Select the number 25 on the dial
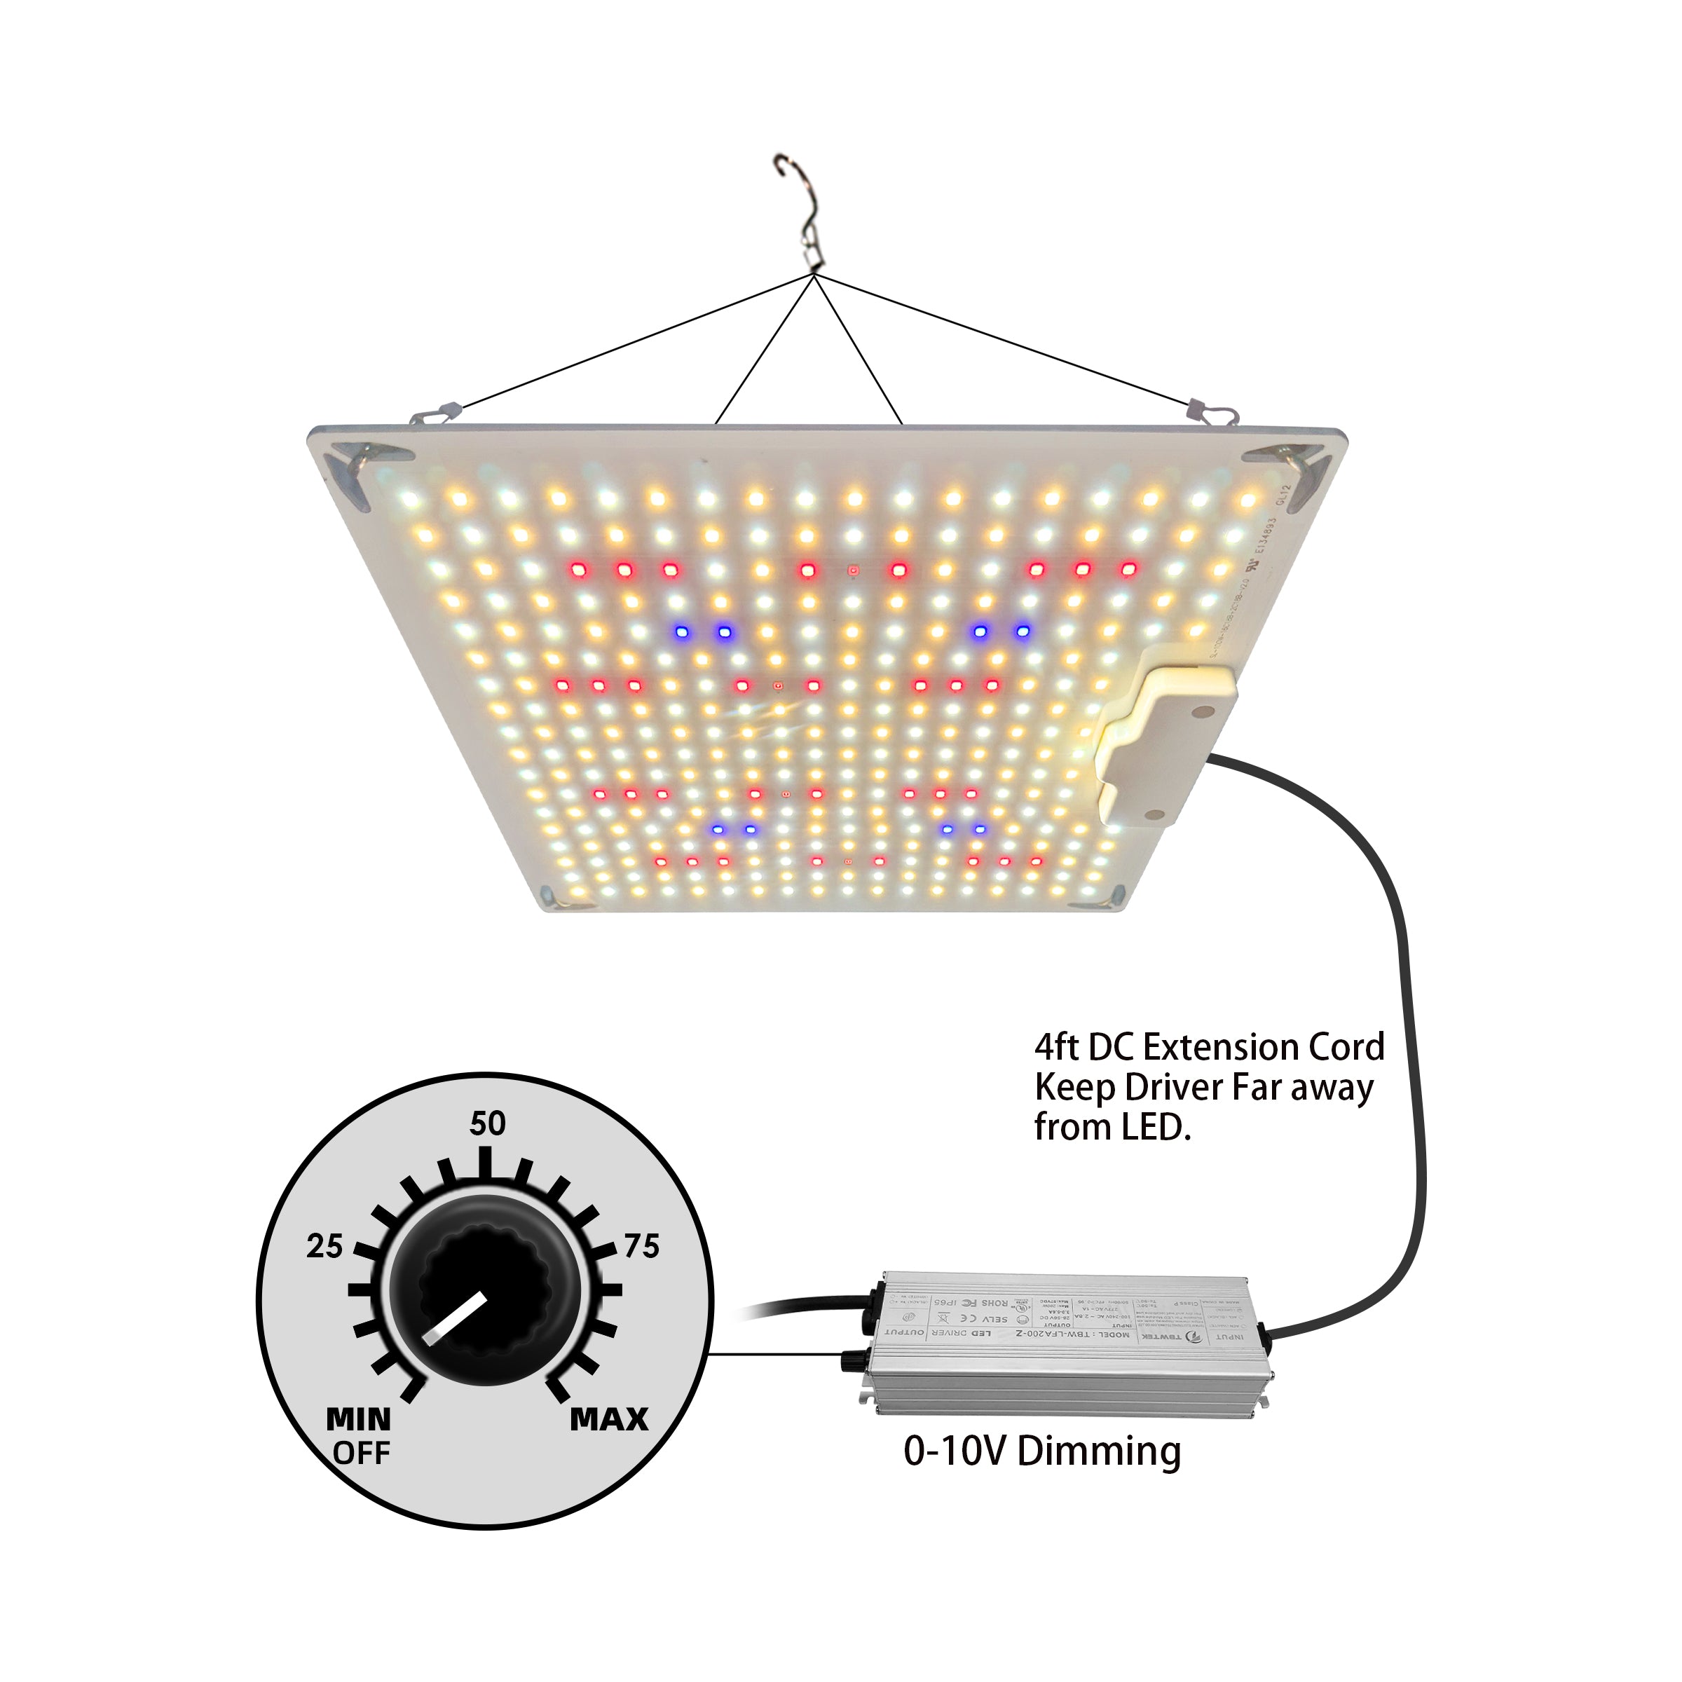324,1246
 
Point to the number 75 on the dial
642,1246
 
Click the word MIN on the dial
359,1420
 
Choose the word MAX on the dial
610,1420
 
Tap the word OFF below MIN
362,1453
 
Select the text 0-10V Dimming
1042,1451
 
